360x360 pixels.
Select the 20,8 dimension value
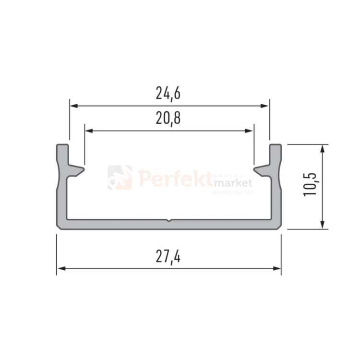[x=168, y=118]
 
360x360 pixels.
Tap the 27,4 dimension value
[x=168, y=257]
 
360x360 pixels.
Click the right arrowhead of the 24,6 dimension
[x=265, y=106]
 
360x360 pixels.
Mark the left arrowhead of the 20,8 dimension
[x=88, y=130]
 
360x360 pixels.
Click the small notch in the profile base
[x=169, y=222]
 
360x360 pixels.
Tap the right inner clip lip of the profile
[x=260, y=170]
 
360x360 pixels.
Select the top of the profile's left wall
[x=62, y=145]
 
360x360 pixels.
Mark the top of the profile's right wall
[x=275, y=145]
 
